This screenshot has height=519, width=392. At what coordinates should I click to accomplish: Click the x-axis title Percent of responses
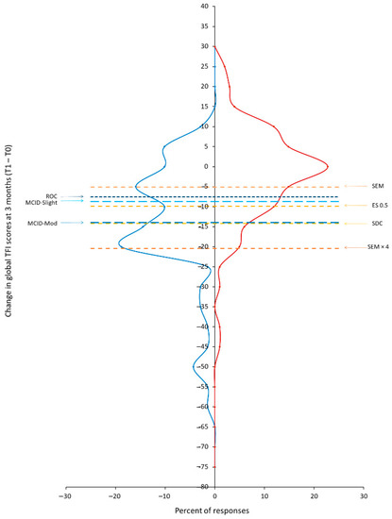point(214,510)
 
